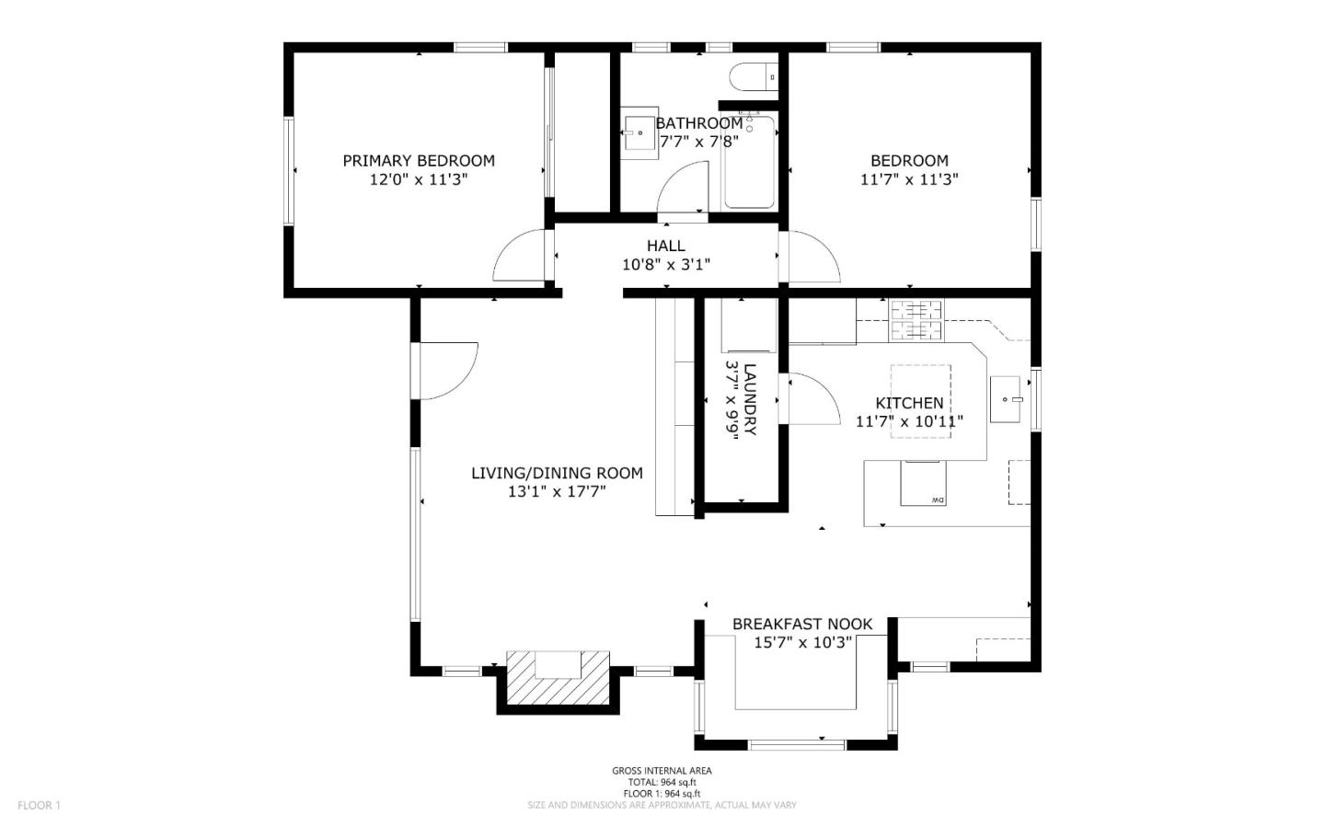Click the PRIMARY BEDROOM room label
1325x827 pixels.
click(x=419, y=160)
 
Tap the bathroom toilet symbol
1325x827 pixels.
click(x=753, y=77)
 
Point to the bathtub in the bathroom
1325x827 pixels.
click(x=749, y=162)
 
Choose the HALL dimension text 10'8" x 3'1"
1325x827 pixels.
click(x=666, y=264)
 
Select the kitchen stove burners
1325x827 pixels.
click(x=916, y=320)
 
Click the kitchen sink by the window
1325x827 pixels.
click(x=1006, y=399)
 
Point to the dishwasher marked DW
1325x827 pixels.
click(x=923, y=483)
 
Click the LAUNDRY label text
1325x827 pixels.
click(x=749, y=399)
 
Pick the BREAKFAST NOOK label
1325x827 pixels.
click(x=802, y=624)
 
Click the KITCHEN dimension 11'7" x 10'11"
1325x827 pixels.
click(x=909, y=421)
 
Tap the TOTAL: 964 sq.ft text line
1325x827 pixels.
click(x=662, y=782)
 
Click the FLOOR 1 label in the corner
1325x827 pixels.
click(x=39, y=805)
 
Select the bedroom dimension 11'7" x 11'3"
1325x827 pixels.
click(x=909, y=179)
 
